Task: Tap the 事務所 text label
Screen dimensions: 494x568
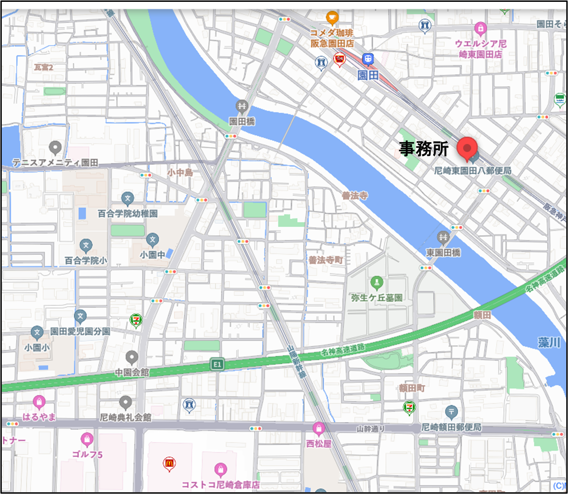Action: tap(423, 149)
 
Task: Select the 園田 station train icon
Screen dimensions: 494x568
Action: tap(368, 59)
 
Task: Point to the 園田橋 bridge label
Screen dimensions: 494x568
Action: tap(242, 122)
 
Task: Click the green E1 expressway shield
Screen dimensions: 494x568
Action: tap(217, 365)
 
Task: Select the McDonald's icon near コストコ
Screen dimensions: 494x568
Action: tap(169, 464)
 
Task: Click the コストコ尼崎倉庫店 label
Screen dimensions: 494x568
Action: tap(221, 484)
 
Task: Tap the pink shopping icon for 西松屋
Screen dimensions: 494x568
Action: tap(319, 429)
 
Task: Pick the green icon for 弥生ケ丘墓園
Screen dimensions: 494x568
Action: tap(376, 283)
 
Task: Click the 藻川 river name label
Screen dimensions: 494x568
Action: tap(549, 343)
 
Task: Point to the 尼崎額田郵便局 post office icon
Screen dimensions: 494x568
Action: tap(451, 411)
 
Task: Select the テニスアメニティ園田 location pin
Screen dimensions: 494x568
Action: tap(55, 148)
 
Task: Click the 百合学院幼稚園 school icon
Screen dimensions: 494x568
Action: tap(127, 199)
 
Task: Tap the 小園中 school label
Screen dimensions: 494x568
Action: tap(152, 255)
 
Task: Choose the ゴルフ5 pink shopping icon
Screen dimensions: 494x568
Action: tap(87, 439)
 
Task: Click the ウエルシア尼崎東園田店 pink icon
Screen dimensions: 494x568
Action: tap(480, 29)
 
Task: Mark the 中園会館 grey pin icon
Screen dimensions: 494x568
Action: tap(132, 357)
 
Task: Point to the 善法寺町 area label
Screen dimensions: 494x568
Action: tap(325, 260)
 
